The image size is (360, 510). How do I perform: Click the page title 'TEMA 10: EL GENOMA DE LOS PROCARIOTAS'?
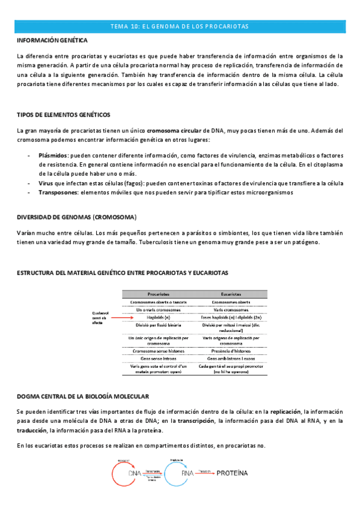coord(180,26)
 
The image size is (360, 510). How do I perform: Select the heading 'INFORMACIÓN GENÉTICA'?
coord(52,40)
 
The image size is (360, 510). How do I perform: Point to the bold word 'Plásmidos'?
coord(53,155)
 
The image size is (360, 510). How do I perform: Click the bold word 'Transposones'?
coord(58,192)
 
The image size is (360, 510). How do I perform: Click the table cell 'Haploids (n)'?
coord(159,316)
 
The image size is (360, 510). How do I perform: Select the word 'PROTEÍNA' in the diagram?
coord(231,473)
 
